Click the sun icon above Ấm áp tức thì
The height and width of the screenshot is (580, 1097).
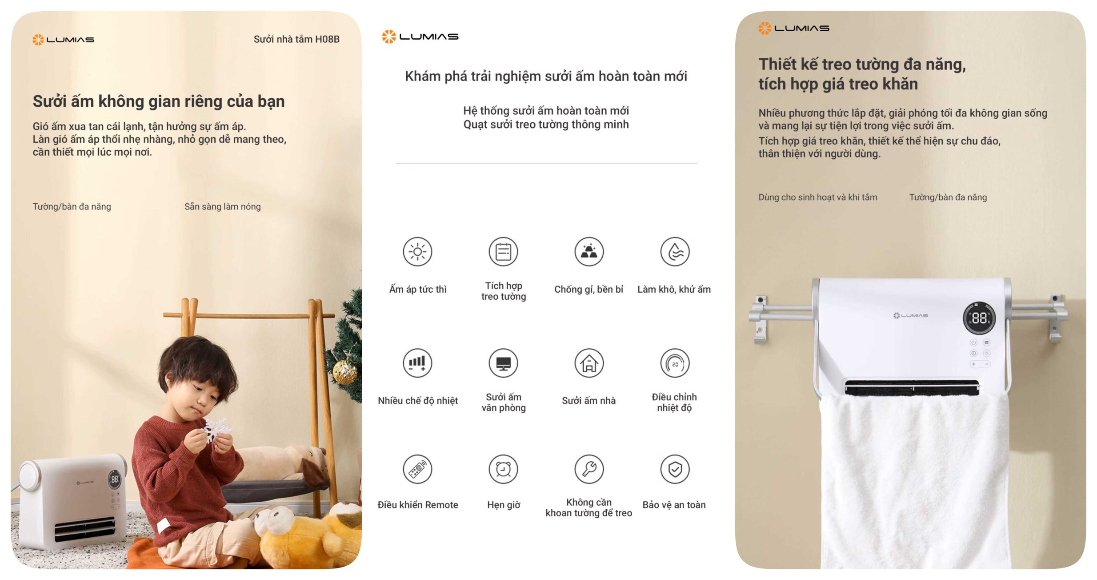coord(417,252)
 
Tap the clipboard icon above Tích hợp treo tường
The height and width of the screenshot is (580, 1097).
coord(503,252)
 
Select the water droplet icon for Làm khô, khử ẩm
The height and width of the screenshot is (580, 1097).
coord(675,252)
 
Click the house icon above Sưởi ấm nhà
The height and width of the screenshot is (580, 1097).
coord(589,363)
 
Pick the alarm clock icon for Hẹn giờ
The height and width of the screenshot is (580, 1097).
coord(503,469)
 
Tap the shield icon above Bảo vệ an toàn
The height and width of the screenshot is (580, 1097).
coord(675,469)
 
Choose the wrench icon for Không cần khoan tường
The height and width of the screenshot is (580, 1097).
coord(589,469)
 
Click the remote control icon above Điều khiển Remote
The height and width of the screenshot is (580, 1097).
coord(417,469)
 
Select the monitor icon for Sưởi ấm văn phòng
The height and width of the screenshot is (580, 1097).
coord(503,363)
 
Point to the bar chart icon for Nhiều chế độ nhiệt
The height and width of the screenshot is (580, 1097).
coord(417,363)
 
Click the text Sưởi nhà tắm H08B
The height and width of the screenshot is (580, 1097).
coord(296,39)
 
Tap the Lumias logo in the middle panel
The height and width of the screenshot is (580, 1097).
coord(420,36)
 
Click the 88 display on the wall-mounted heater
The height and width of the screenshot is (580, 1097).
coord(979,318)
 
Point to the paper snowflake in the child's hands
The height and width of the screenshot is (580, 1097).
coord(216,430)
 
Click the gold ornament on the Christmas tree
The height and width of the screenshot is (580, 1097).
coord(344,372)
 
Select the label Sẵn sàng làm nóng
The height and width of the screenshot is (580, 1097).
coord(223,206)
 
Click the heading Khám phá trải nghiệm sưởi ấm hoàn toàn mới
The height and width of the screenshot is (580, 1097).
coord(546,77)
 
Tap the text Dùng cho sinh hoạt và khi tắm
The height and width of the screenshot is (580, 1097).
coord(818,197)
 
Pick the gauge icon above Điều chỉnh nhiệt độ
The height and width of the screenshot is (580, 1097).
coord(675,363)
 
